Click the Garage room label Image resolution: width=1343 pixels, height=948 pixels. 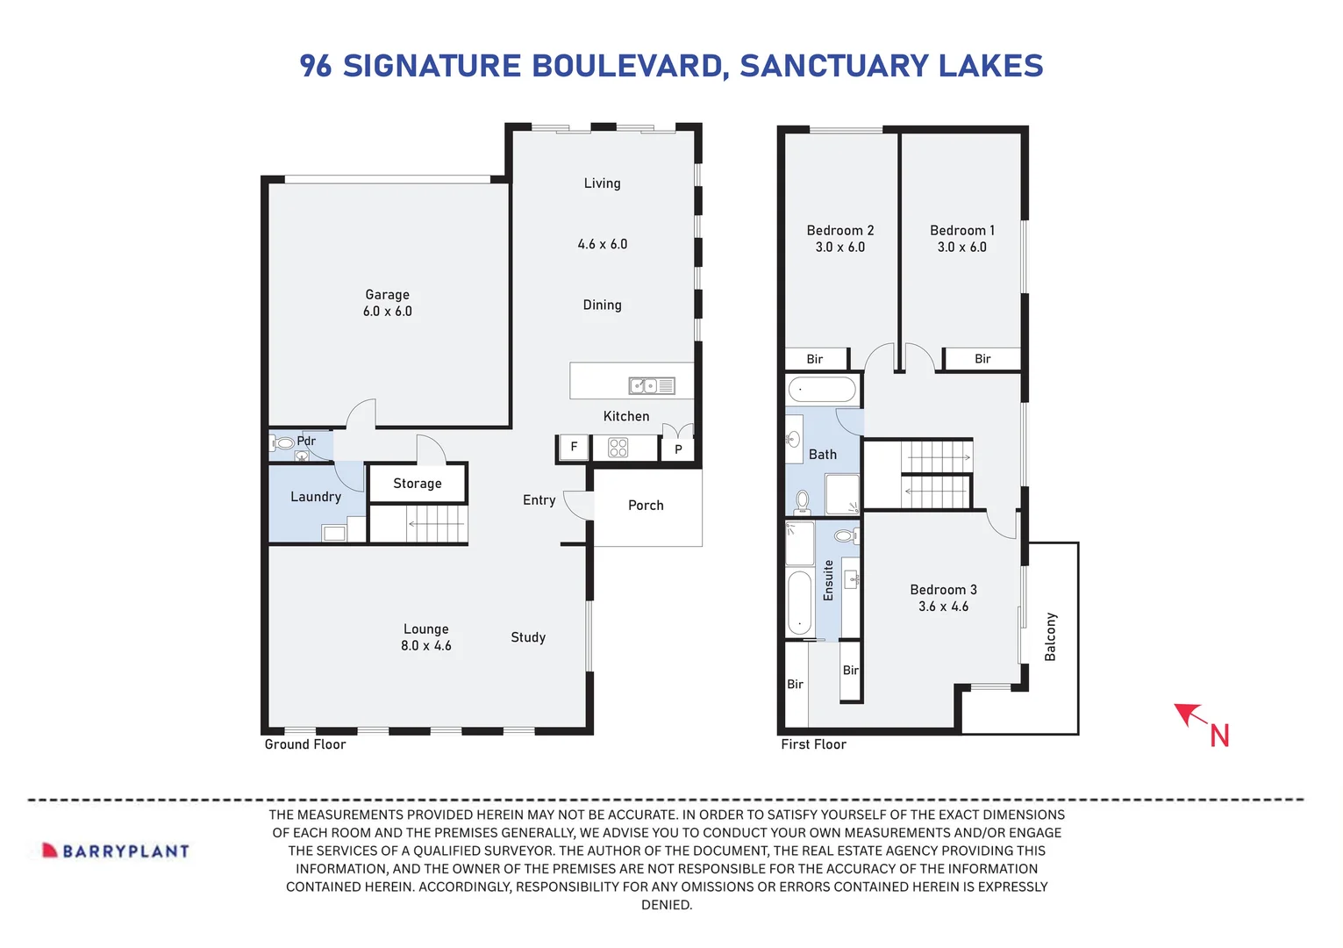coord(387,295)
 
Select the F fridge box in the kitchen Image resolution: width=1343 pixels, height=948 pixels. coord(575,448)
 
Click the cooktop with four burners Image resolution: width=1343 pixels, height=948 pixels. coord(618,448)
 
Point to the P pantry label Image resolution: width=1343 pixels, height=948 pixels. coord(678,449)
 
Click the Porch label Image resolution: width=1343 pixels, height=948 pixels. coord(646,506)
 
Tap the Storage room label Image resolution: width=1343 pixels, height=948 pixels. coord(418,484)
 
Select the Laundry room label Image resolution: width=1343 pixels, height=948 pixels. coord(316,497)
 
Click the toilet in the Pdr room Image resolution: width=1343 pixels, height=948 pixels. coord(282,443)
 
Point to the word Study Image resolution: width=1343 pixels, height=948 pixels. coord(528,637)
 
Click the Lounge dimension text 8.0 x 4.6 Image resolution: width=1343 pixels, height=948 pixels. coord(426,646)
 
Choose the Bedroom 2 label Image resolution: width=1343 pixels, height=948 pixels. coord(840,231)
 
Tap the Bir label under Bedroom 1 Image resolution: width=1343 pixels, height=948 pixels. coord(982,359)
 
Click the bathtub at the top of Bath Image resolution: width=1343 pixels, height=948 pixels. coord(822,390)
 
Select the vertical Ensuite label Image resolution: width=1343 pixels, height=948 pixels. coord(828,580)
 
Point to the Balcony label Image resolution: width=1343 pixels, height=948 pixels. coord(1051,636)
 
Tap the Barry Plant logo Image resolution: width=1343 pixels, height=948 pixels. coord(116,851)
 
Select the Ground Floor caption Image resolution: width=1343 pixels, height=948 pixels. coord(305,744)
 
